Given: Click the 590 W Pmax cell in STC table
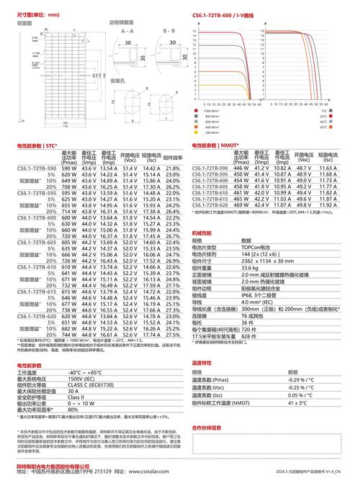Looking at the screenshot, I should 68,168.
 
